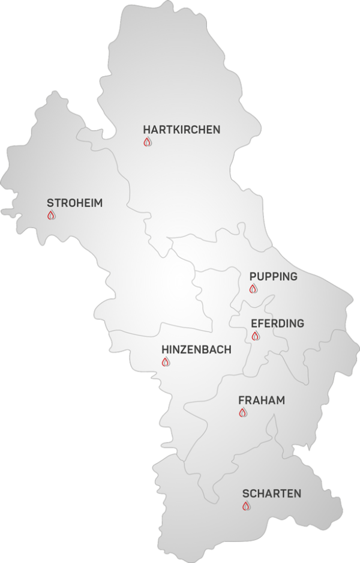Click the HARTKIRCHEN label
pyautogui.click(x=181, y=129)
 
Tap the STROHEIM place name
pyautogui.click(x=74, y=203)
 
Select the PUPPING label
pyautogui.click(x=273, y=277)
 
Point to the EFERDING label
pyautogui.click(x=277, y=324)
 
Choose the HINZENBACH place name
pyautogui.click(x=196, y=350)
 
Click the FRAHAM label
pyautogui.click(x=261, y=400)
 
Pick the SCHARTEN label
pyautogui.click(x=271, y=494)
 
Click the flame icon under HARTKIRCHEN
pyautogui.click(x=148, y=142)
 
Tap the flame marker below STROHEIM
pyautogui.click(x=51, y=215)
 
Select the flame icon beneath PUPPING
pyautogui.click(x=253, y=289)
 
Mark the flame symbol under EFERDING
pyautogui.click(x=255, y=336)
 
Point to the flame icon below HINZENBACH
pyautogui.click(x=166, y=362)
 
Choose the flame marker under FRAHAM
pyautogui.click(x=242, y=412)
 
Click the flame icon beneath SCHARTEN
pyautogui.click(x=246, y=507)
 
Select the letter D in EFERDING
pyautogui.click(x=282, y=324)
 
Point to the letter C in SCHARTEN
pyautogui.click(x=254, y=494)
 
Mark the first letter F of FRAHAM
pyautogui.click(x=241, y=400)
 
